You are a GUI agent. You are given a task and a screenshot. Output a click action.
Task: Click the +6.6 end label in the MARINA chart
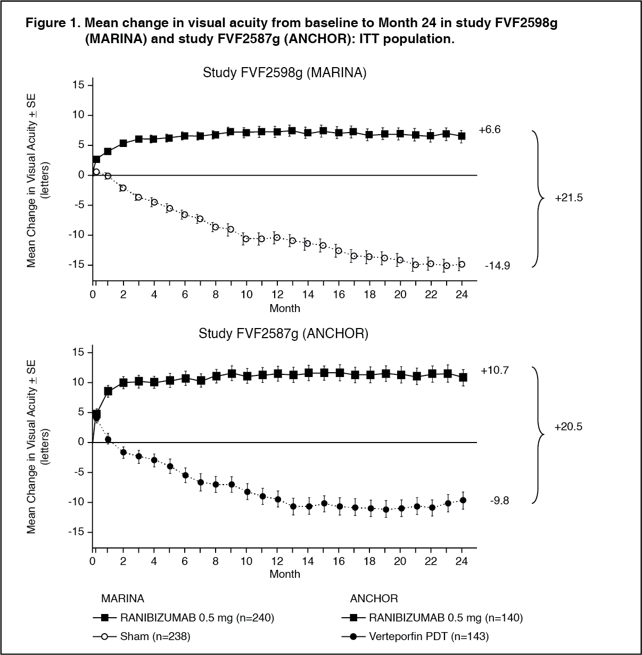click(x=490, y=129)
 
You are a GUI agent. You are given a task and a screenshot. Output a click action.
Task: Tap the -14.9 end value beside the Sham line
click(x=497, y=266)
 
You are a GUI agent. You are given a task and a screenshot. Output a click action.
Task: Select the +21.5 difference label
click(x=569, y=198)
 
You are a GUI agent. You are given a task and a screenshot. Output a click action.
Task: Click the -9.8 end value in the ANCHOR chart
click(x=499, y=501)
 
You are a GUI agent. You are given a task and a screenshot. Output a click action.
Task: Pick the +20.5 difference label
click(x=568, y=427)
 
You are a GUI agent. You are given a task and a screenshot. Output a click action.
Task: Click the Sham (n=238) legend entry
click(x=142, y=636)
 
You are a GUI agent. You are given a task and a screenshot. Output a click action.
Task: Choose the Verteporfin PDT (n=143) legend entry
click(x=415, y=636)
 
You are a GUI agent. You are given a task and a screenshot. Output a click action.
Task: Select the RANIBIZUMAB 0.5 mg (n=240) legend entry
click(x=184, y=617)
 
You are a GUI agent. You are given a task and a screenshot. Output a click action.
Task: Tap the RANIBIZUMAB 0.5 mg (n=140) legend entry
click(x=432, y=617)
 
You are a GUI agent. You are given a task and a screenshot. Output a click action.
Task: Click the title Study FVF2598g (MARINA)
click(x=284, y=73)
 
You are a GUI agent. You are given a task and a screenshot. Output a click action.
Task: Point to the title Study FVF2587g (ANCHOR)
click(x=283, y=333)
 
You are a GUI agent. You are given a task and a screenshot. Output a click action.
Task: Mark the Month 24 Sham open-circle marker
click(x=462, y=264)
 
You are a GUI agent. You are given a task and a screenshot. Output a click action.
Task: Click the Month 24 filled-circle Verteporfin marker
click(x=463, y=501)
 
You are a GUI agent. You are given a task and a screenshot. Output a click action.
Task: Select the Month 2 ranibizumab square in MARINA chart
click(x=124, y=143)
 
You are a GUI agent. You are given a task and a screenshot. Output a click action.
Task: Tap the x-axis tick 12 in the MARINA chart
click(x=277, y=294)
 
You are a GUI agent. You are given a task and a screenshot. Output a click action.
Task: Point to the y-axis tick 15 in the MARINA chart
click(x=78, y=85)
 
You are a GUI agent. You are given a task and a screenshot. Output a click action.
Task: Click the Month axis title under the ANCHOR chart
click(x=285, y=574)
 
